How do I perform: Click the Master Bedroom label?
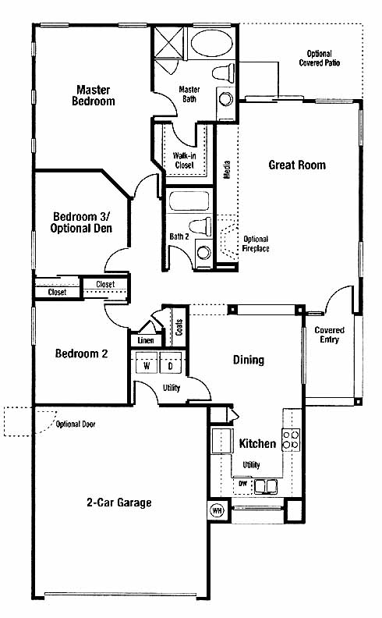pyautogui.click(x=94, y=95)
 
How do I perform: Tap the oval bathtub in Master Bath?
pyautogui.click(x=211, y=43)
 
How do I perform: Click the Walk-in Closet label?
pyautogui.click(x=184, y=160)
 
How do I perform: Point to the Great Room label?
pyautogui.click(x=297, y=165)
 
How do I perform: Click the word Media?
pyautogui.click(x=227, y=169)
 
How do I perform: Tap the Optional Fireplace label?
pyautogui.click(x=256, y=243)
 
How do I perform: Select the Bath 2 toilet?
pyautogui.click(x=201, y=226)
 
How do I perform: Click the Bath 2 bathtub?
pyautogui.click(x=189, y=201)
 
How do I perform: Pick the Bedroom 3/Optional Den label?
pyautogui.click(x=81, y=222)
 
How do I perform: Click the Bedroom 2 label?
pyautogui.click(x=81, y=353)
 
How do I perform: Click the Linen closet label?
pyautogui.click(x=146, y=340)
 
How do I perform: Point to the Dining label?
pyautogui.click(x=249, y=360)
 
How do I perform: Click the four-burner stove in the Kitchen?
pyautogui.click(x=291, y=440)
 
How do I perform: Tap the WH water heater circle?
pyautogui.click(x=217, y=511)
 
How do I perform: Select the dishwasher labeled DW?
pyautogui.click(x=242, y=485)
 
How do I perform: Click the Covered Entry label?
pyautogui.click(x=330, y=335)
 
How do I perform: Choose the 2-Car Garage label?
pyautogui.click(x=119, y=503)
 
